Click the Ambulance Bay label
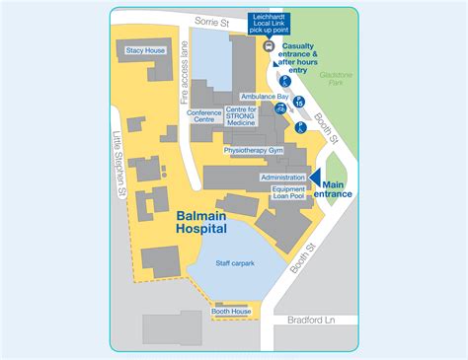(x=265, y=97)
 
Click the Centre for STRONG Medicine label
(x=241, y=115)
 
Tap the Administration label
(x=282, y=177)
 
